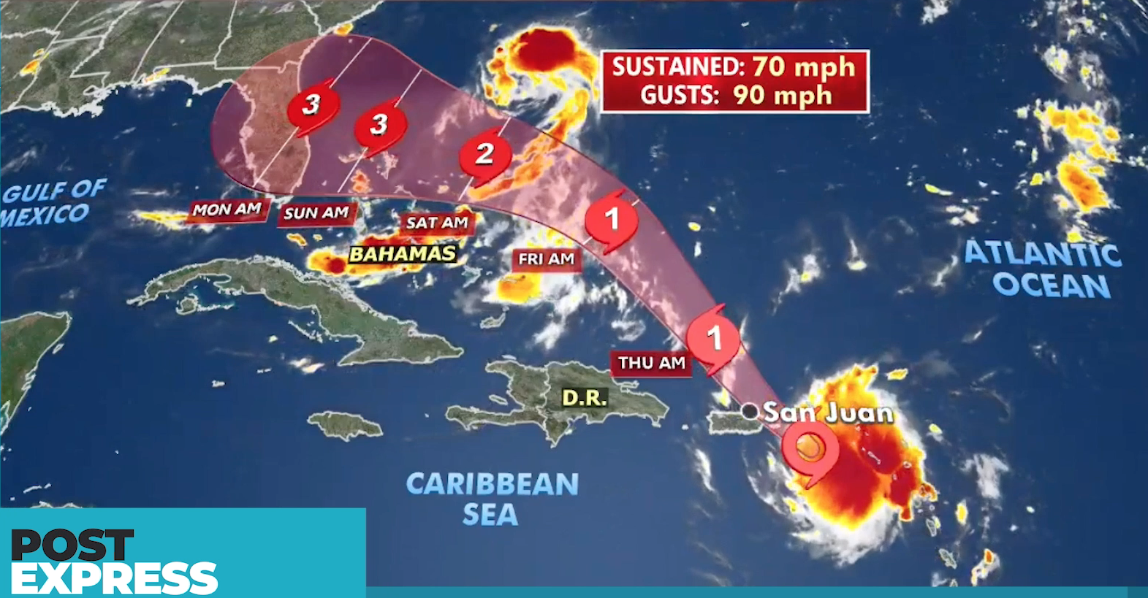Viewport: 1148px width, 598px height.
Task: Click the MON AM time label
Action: pyautogui.click(x=227, y=210)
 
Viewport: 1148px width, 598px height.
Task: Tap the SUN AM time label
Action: pyautogui.click(x=316, y=213)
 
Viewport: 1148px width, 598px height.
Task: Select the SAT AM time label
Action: pyautogui.click(x=437, y=223)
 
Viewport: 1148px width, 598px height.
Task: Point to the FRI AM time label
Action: pyautogui.click(x=546, y=259)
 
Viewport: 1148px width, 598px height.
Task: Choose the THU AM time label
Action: pyautogui.click(x=651, y=363)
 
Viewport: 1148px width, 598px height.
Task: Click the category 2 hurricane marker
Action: pyautogui.click(x=484, y=155)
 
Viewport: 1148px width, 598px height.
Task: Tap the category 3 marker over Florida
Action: pyautogui.click(x=311, y=105)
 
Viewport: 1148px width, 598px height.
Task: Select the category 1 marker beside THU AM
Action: pyautogui.click(x=714, y=338)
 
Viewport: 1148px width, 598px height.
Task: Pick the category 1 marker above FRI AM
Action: pyautogui.click(x=612, y=218)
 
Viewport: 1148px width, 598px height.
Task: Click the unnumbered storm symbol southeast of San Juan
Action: pyautogui.click(x=810, y=449)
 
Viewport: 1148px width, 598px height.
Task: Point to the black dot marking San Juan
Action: pyautogui.click(x=750, y=411)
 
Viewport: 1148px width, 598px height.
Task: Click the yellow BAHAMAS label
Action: pyautogui.click(x=403, y=254)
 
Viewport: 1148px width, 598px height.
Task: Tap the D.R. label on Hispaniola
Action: pyautogui.click(x=585, y=398)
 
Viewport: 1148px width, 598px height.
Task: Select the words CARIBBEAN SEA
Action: pyautogui.click(x=492, y=499)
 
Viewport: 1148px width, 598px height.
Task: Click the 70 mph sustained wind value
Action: pyautogui.click(x=803, y=67)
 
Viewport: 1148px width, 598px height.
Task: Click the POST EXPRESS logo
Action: pyautogui.click(x=114, y=561)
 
